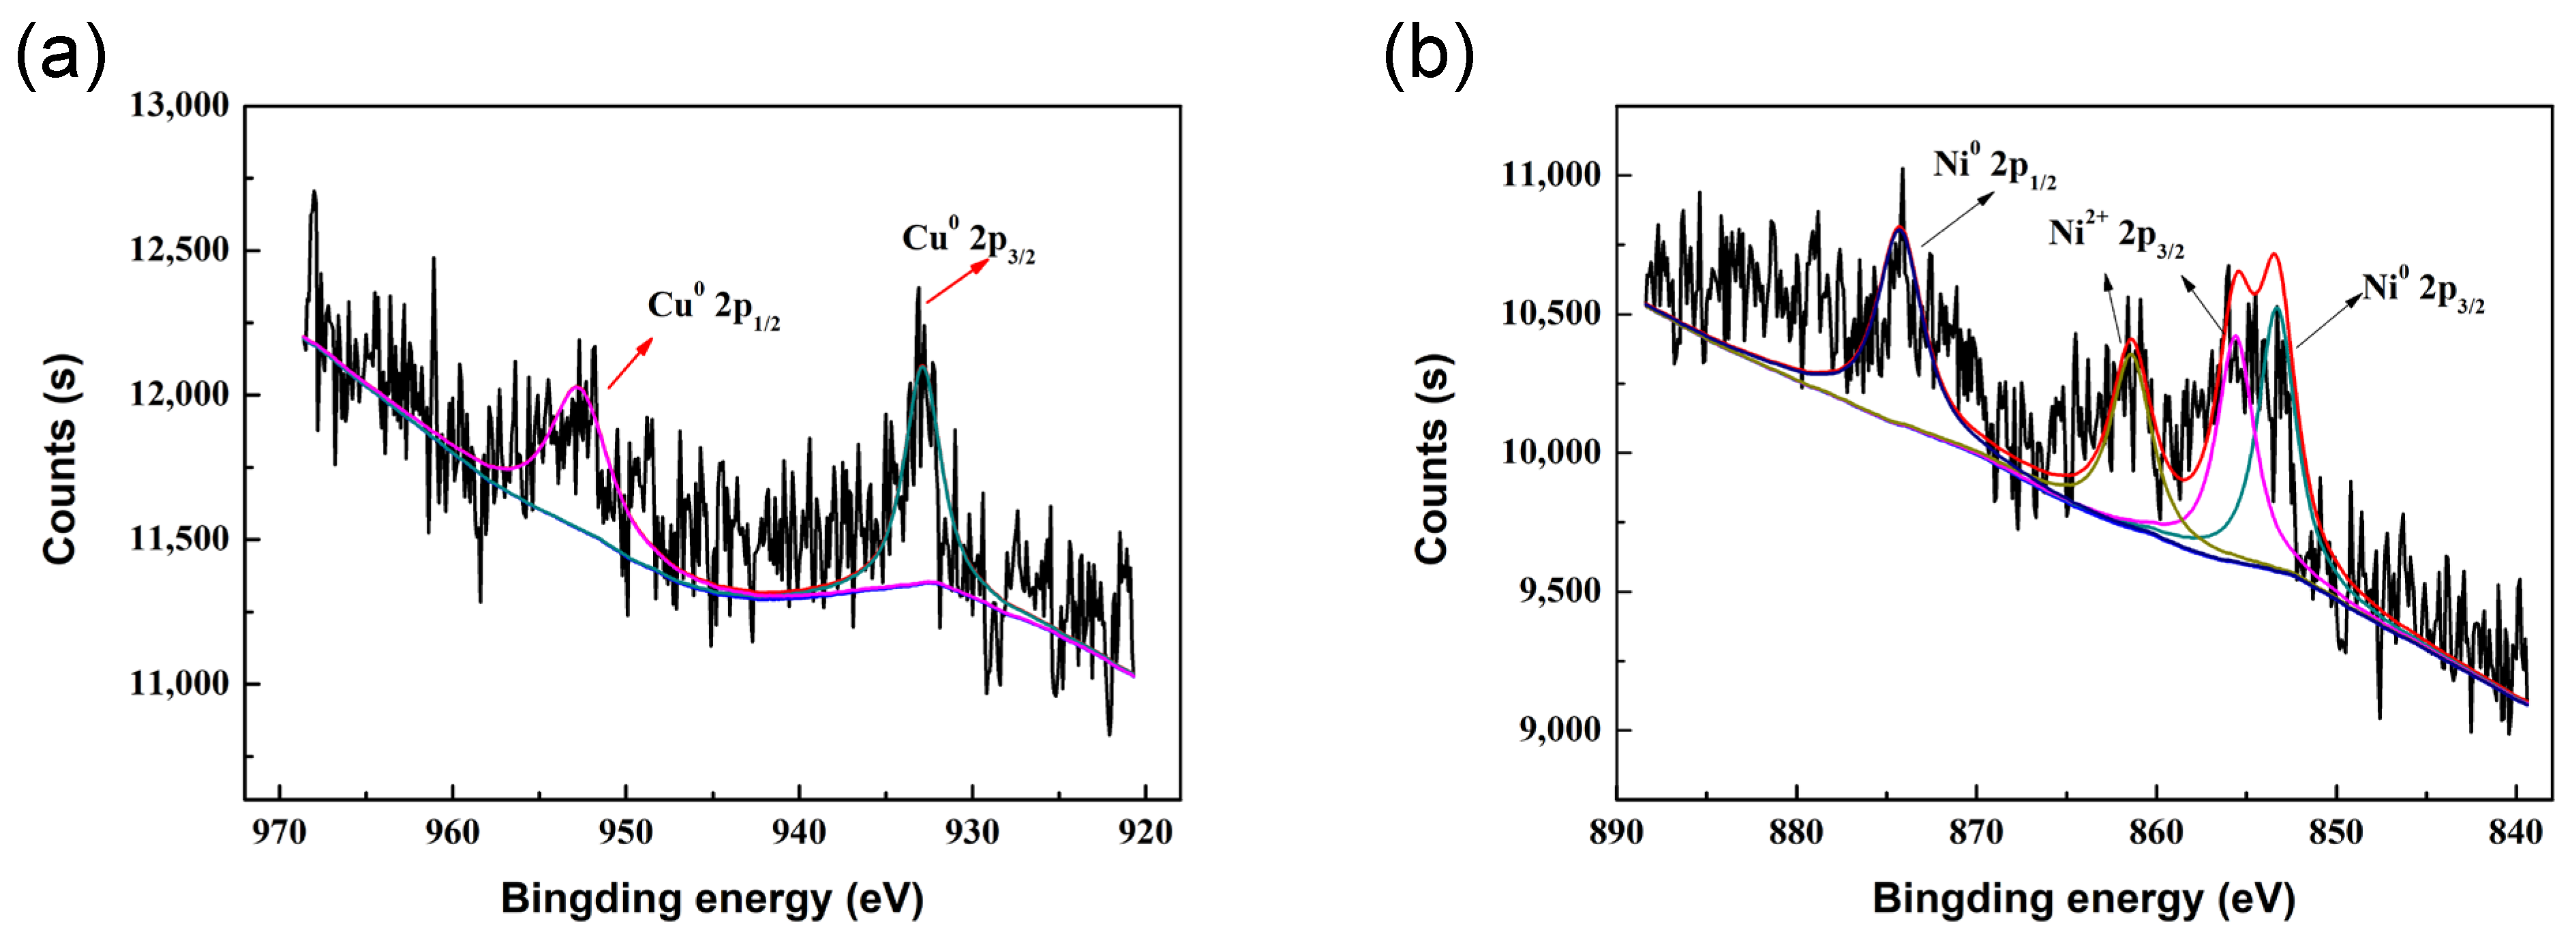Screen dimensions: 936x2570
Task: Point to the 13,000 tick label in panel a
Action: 179,105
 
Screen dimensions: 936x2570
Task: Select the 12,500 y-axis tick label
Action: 179,250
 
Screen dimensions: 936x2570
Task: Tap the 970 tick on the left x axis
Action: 279,831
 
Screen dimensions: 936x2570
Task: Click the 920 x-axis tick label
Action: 1145,831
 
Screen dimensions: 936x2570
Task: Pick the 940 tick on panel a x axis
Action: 799,831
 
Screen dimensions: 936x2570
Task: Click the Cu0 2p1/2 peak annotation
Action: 713,307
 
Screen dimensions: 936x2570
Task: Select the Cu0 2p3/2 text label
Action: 968,241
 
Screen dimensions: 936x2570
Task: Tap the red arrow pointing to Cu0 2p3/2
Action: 958,280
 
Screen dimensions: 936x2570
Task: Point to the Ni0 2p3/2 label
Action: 2422,291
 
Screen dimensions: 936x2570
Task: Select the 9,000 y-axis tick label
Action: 1559,729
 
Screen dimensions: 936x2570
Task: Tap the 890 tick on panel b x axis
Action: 1616,831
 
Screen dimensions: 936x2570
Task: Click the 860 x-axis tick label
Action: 2156,831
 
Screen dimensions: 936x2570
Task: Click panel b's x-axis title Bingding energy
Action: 2083,898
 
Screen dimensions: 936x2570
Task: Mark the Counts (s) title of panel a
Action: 60,459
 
